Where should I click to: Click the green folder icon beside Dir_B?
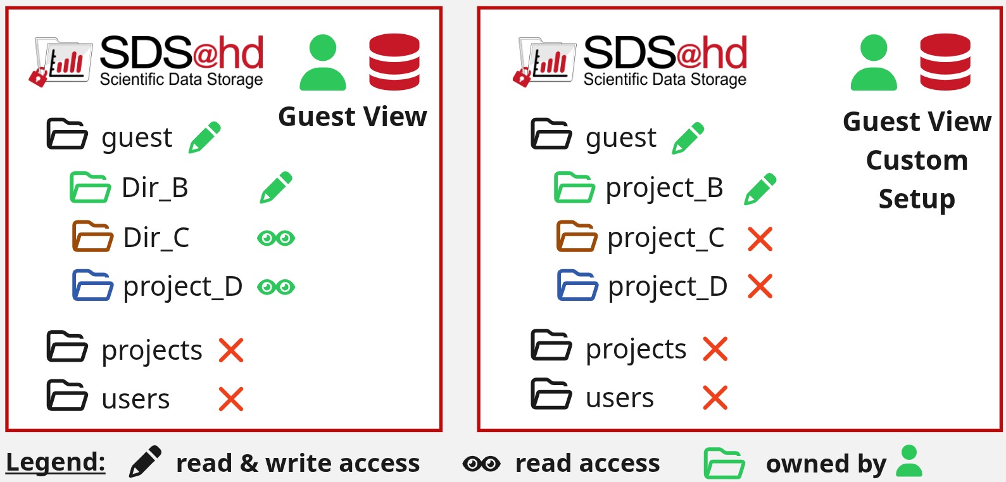91,187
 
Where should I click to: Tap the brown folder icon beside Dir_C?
92,236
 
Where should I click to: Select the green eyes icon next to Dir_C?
276,238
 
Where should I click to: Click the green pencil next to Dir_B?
276,187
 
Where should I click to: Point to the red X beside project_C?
760,239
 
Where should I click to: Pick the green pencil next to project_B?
760,189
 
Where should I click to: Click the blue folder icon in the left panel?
92,285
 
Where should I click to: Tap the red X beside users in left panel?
231,399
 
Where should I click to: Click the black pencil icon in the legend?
145,461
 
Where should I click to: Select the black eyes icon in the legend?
481,464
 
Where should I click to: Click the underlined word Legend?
56,462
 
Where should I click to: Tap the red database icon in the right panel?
945,62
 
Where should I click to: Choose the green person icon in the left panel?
322,63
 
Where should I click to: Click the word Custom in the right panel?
917,160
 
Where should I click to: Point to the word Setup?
917,199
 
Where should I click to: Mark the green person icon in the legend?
909,461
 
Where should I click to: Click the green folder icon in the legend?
724,463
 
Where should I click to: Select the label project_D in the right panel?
667,286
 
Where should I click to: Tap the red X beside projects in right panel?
715,349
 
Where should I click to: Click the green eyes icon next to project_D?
276,286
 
